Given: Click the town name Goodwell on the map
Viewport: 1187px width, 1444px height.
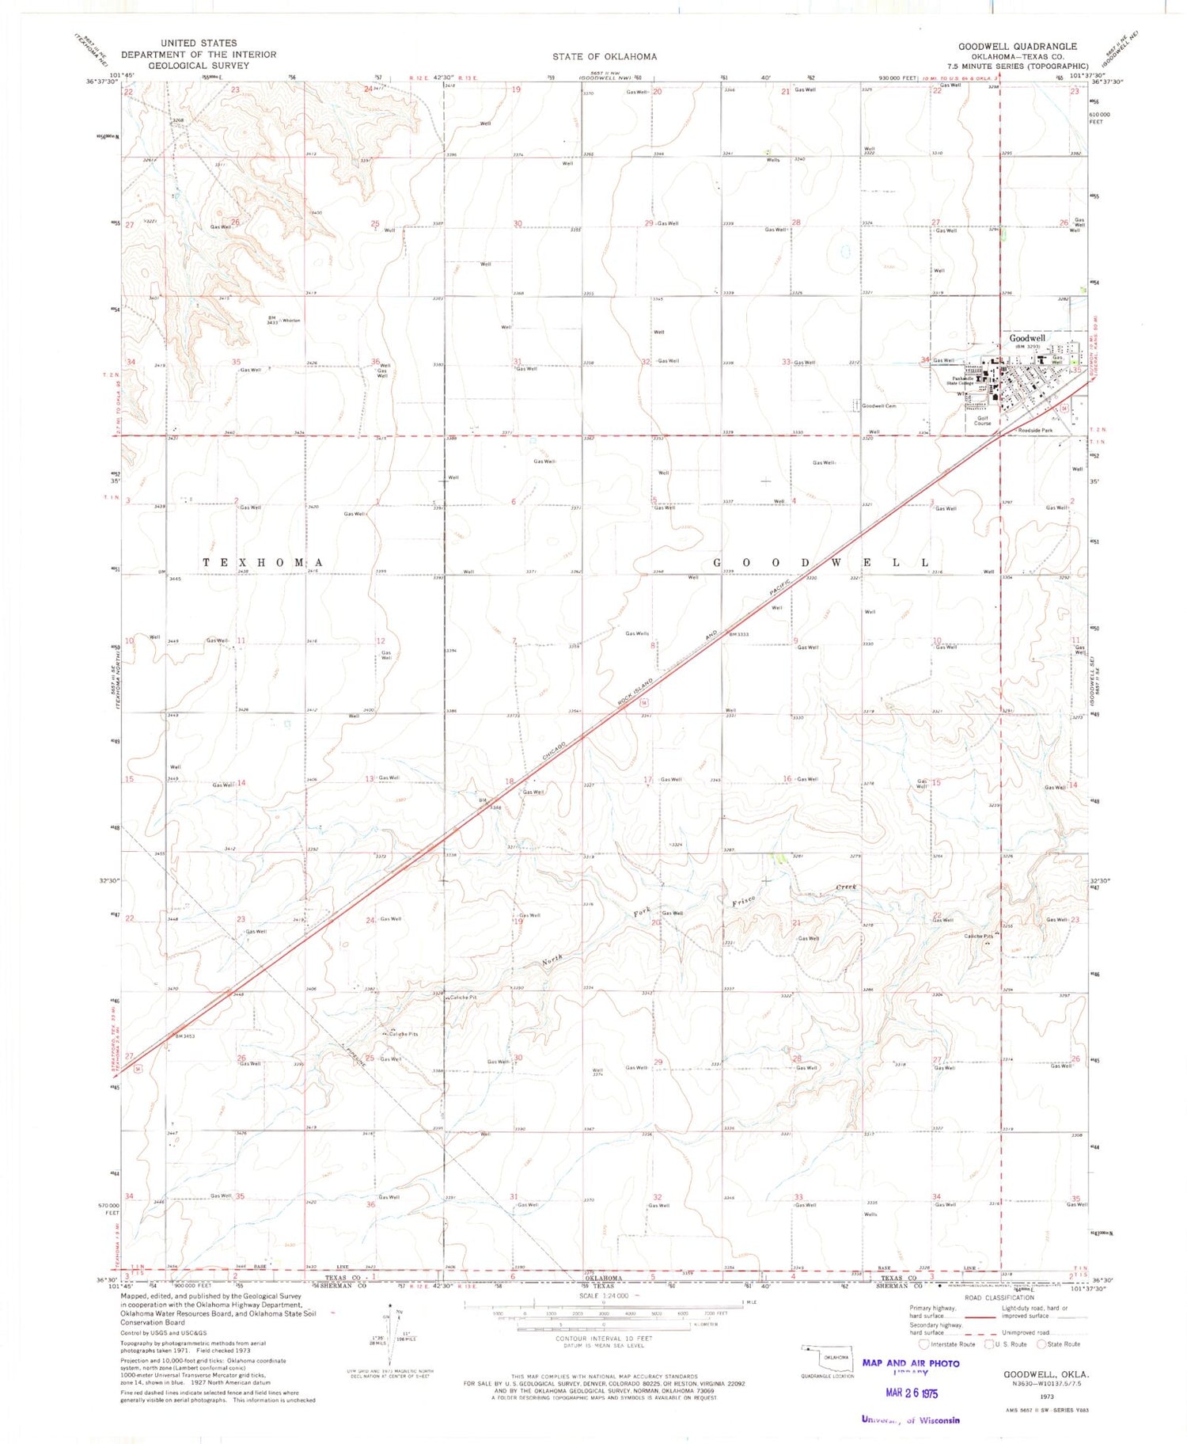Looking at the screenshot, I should pyautogui.click(x=1026, y=338).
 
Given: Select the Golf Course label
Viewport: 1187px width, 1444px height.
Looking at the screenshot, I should pyautogui.click(x=982, y=420).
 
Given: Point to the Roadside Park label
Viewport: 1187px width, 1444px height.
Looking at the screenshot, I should pyautogui.click(x=1035, y=431).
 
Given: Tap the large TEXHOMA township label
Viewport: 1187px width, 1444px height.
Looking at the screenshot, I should pyautogui.click(x=264, y=562).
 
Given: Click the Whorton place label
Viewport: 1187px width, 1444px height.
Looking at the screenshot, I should pyautogui.click(x=290, y=320).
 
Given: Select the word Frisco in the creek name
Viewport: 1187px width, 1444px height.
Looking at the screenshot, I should pyautogui.click(x=743, y=900).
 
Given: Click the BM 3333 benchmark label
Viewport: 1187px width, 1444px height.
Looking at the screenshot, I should pyautogui.click(x=738, y=634).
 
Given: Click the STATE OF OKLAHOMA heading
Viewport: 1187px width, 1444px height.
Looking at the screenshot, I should pyautogui.click(x=604, y=56).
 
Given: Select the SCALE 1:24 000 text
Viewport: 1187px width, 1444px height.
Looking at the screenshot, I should pyautogui.click(x=603, y=1295).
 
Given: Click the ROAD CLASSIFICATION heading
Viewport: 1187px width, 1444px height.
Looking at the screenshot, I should pyautogui.click(x=999, y=1298).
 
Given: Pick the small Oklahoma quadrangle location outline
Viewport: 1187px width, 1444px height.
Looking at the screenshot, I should pyautogui.click(x=825, y=1356).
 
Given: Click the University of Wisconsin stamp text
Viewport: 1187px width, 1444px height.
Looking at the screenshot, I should pyautogui.click(x=910, y=1419).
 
